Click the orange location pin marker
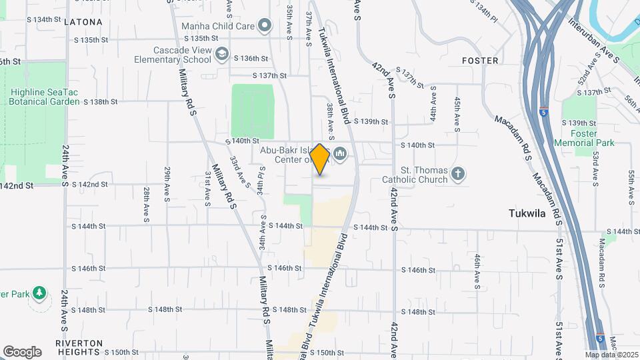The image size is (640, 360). (320, 159)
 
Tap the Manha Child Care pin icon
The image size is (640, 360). (265, 26)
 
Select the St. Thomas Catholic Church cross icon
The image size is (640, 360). (457, 174)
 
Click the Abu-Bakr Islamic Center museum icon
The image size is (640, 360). (341, 155)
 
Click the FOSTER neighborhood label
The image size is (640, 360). (480, 61)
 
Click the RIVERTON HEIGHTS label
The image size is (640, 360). (79, 347)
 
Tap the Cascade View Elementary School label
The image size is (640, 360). (173, 55)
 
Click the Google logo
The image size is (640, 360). (22, 351)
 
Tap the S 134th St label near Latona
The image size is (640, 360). (45, 19)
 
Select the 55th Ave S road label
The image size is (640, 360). (631, 186)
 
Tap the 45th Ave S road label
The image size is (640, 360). (457, 113)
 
